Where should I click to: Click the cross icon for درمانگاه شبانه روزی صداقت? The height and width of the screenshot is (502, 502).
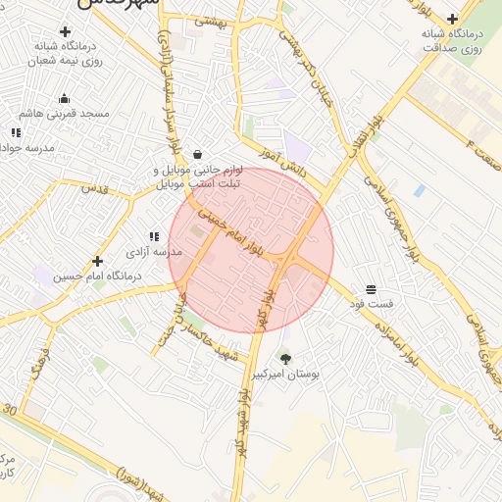click(452, 19)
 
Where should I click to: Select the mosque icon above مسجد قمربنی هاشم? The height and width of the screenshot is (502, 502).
click(65, 98)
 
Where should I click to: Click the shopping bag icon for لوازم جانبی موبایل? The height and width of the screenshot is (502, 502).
click(198, 154)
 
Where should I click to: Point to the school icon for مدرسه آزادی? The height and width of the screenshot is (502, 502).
click(153, 236)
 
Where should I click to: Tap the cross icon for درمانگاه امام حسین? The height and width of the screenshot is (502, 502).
click(97, 261)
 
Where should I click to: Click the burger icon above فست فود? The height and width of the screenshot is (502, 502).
click(371, 289)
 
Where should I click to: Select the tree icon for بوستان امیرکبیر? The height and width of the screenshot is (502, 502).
click(285, 359)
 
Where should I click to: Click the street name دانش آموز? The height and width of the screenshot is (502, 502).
click(283, 162)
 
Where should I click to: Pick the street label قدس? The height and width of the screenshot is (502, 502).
click(93, 186)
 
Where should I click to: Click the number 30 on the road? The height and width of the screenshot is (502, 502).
click(10, 408)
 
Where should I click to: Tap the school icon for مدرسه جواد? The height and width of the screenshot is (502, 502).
click(16, 131)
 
